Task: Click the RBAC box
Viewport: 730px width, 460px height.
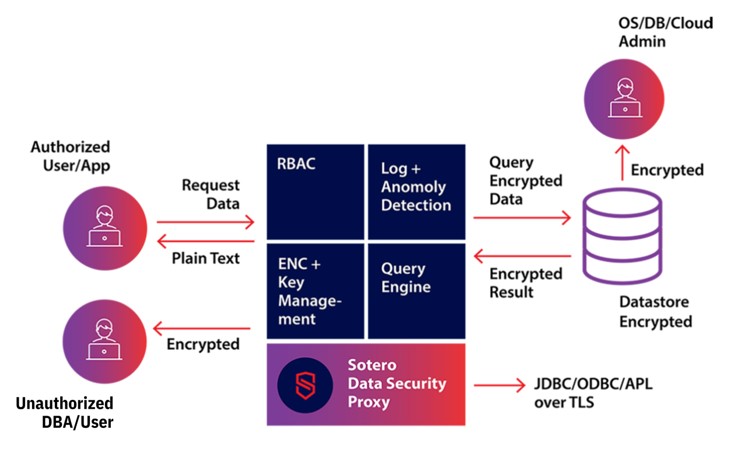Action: pyautogui.click(x=315, y=191)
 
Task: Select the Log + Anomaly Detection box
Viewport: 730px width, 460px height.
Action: pyautogui.click(x=417, y=191)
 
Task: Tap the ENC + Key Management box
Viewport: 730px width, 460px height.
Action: pyautogui.click(x=315, y=291)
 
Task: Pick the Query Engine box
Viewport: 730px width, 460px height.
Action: pyautogui.click(x=417, y=291)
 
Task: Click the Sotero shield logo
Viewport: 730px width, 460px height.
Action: pyautogui.click(x=305, y=385)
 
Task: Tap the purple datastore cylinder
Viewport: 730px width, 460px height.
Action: pyautogui.click(x=623, y=236)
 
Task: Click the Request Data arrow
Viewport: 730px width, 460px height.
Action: pyautogui.click(x=205, y=222)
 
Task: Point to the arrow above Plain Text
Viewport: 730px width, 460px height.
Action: pyautogui.click(x=205, y=241)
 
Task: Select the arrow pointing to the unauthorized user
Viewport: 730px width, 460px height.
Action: pyautogui.click(x=202, y=328)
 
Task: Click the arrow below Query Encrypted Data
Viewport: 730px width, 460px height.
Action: pyautogui.click(x=522, y=217)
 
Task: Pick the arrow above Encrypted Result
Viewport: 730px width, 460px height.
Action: pyautogui.click(x=522, y=256)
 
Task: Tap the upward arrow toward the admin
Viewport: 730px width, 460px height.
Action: pyautogui.click(x=623, y=163)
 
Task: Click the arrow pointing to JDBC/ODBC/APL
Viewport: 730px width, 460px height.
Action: pyautogui.click(x=500, y=385)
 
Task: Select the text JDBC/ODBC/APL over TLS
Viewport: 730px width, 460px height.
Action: pyautogui.click(x=593, y=393)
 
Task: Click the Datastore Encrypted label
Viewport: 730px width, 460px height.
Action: pyautogui.click(x=656, y=312)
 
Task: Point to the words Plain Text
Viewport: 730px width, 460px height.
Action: pyautogui.click(x=205, y=259)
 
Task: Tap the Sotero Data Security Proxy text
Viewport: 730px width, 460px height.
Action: pyautogui.click(x=397, y=384)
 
